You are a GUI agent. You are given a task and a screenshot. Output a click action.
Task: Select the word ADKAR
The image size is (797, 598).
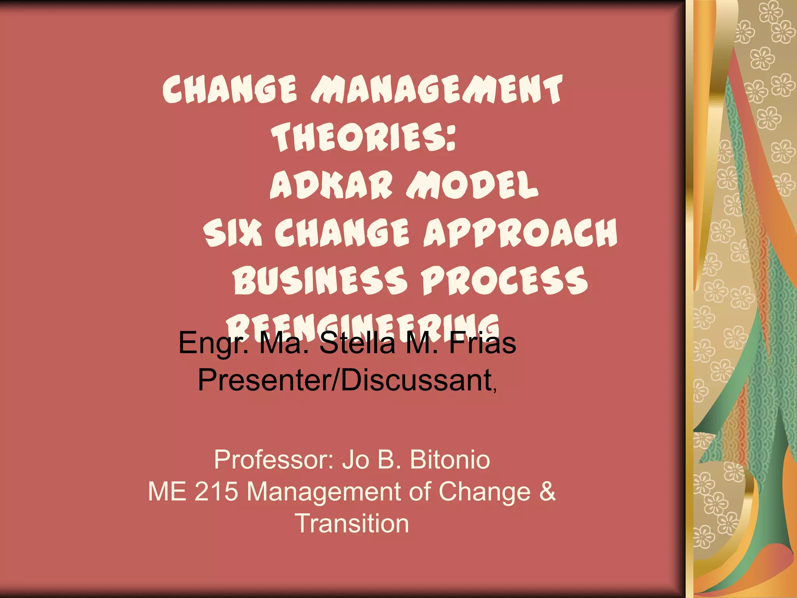[x=331, y=185]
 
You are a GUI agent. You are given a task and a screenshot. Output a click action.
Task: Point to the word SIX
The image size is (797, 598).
[x=232, y=232]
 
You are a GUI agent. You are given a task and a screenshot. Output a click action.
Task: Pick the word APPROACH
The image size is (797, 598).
[x=520, y=232]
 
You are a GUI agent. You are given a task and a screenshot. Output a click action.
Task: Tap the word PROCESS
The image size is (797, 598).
[x=504, y=280]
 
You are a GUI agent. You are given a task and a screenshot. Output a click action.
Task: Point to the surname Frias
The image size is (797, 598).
[x=482, y=343]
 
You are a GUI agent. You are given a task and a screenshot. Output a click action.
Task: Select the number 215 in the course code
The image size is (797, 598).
[x=216, y=491]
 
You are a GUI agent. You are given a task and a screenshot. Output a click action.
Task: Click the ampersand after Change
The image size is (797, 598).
[x=547, y=491]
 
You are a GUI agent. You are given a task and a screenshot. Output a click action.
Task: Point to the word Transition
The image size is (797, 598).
[x=352, y=523]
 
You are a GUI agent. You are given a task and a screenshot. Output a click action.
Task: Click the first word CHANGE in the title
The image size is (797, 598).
[x=230, y=89]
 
